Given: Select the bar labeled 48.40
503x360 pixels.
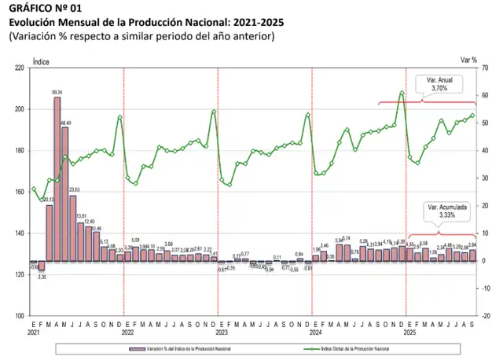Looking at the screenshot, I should (x=65, y=193).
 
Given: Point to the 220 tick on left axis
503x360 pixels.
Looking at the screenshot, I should (x=20, y=68).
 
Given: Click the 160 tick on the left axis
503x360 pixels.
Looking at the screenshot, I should (x=20, y=192).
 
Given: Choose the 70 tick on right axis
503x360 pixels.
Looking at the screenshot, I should (x=485, y=68).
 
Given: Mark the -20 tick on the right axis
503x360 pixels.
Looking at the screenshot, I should (x=484, y=316).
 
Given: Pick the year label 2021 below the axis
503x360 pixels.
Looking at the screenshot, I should (x=33, y=332).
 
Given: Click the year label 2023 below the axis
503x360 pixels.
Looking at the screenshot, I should (x=222, y=332).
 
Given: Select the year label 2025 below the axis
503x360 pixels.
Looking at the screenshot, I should (x=410, y=332).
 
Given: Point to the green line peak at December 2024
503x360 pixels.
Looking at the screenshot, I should (x=402, y=93).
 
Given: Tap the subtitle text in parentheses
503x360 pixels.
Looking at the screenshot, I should (x=141, y=36).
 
